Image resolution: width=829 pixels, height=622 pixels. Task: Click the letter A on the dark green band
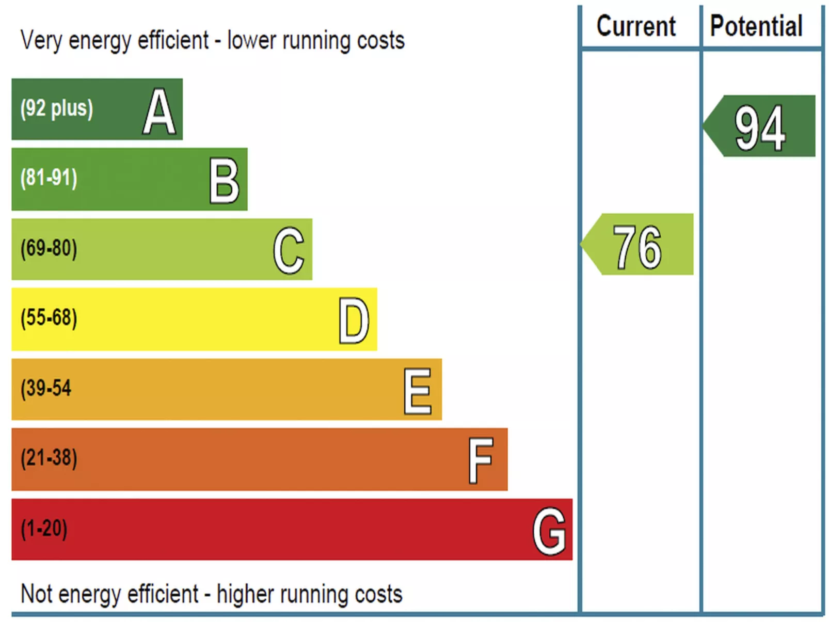click(159, 111)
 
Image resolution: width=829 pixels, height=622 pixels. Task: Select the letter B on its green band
click(225, 180)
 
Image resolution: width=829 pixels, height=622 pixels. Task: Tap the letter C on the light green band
click(289, 250)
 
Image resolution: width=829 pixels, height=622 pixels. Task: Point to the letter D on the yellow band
click(354, 321)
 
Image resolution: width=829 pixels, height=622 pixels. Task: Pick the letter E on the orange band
click(418, 391)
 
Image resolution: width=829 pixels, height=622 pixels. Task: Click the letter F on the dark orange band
click(481, 460)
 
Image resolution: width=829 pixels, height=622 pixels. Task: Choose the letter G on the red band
click(549, 530)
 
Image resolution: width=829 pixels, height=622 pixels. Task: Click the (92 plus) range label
click(57, 109)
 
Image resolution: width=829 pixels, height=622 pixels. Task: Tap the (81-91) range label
click(49, 178)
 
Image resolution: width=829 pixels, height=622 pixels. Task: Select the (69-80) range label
click(49, 248)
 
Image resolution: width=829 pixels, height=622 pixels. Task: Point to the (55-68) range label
click(49, 318)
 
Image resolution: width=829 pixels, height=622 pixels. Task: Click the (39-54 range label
click(46, 388)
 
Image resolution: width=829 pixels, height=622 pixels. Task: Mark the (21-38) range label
click(49, 458)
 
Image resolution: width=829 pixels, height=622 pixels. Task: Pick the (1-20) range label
click(44, 529)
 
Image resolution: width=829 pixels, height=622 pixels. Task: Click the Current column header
click(636, 26)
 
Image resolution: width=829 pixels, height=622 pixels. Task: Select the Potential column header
click(756, 26)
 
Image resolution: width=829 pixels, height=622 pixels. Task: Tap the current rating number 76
click(637, 247)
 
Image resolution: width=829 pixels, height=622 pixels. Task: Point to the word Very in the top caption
click(41, 41)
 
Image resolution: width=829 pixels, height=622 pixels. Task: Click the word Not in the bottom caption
click(37, 594)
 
